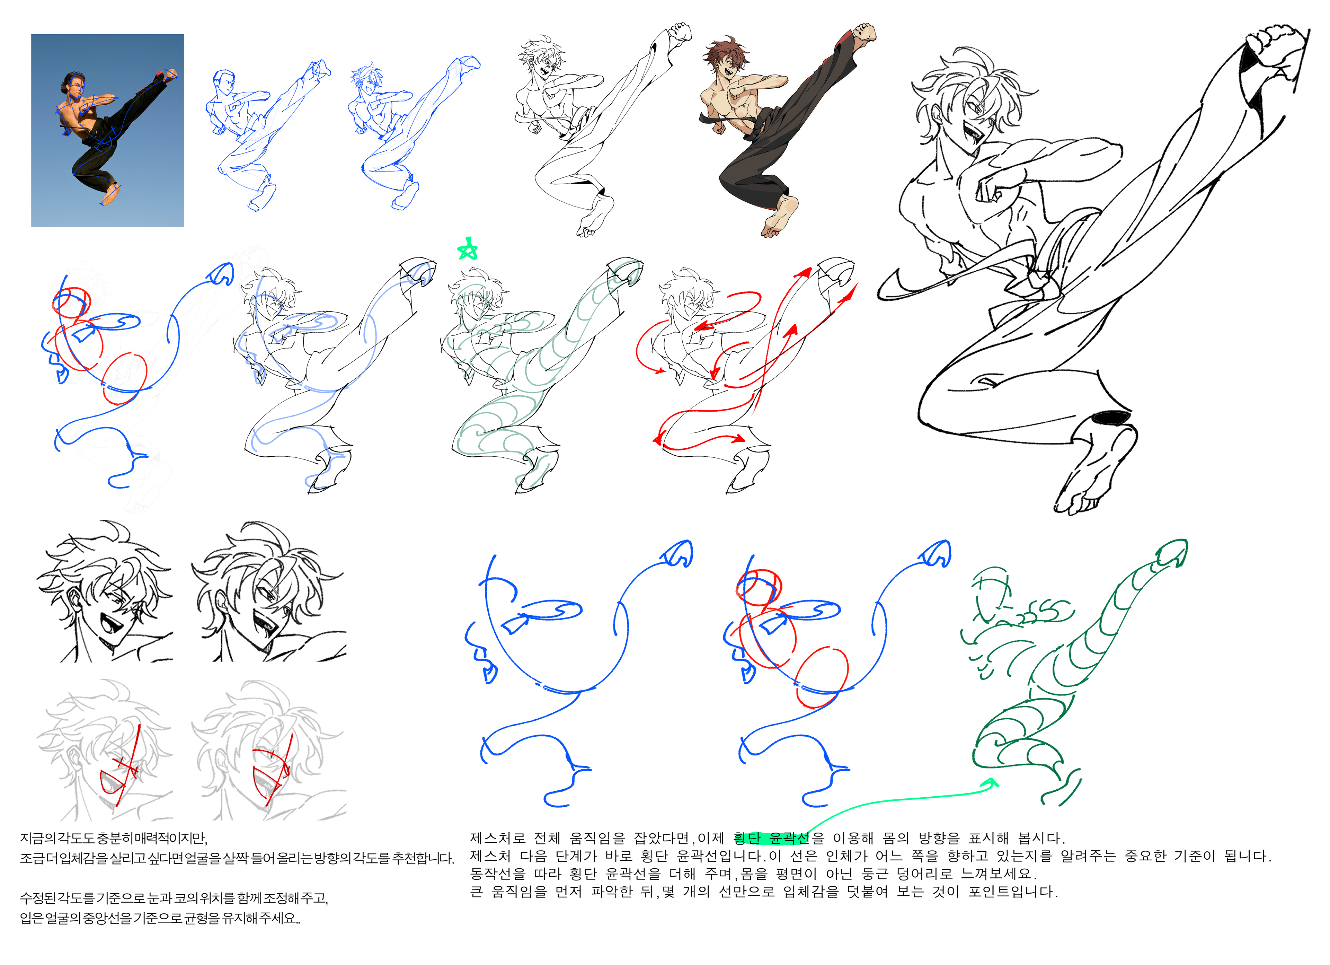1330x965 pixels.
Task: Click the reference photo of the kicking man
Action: pos(107,130)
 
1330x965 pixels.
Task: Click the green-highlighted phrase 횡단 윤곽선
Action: pos(771,838)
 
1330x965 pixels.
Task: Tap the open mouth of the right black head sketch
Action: pos(267,628)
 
